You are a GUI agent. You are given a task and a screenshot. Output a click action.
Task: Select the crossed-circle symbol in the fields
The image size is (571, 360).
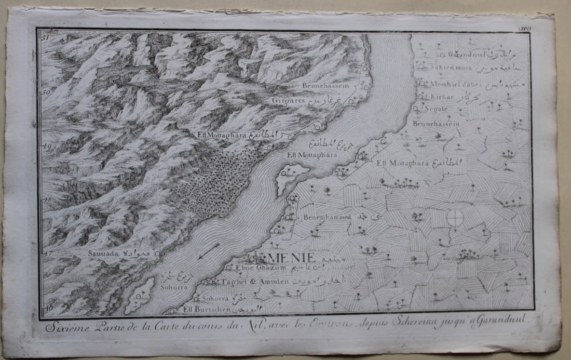tap(455, 219)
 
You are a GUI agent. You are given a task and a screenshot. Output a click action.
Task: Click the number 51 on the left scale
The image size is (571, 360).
tap(45, 38)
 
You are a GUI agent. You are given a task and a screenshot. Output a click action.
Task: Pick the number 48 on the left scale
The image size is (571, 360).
tap(46, 199)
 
